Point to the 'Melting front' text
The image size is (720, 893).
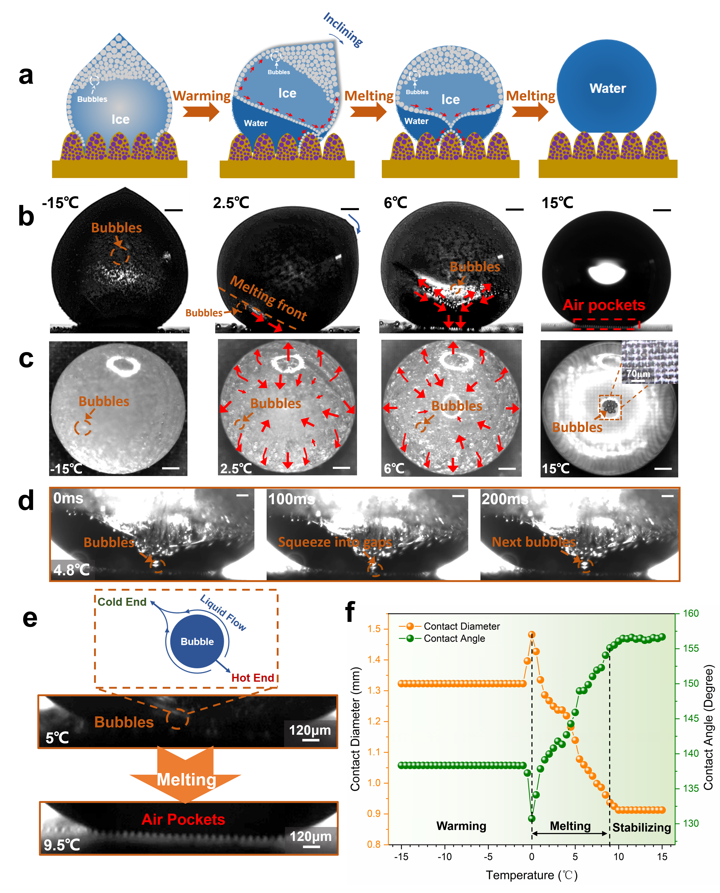click(268, 298)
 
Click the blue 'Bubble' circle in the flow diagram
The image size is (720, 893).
click(197, 641)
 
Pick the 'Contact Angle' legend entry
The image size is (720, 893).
click(454, 638)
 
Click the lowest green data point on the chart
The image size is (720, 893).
click(532, 819)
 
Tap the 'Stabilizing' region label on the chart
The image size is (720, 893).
click(642, 827)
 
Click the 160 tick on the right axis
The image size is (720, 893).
click(691, 613)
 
